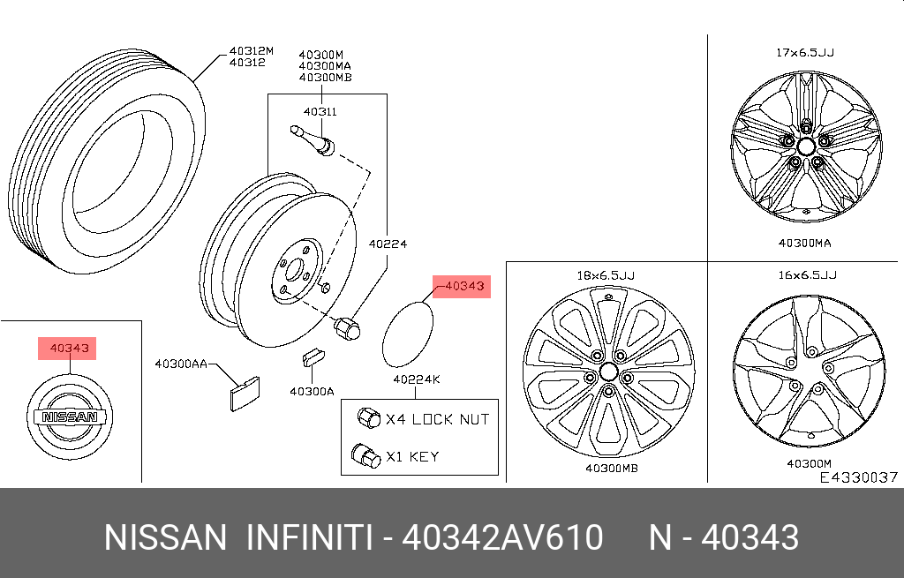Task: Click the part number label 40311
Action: pos(320,112)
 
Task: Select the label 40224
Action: pos(388,244)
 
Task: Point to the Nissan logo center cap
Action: pos(70,417)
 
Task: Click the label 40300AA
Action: pos(181,364)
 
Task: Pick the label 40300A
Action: pos(312,392)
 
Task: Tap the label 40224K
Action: pos(417,379)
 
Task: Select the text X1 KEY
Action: pos(412,457)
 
